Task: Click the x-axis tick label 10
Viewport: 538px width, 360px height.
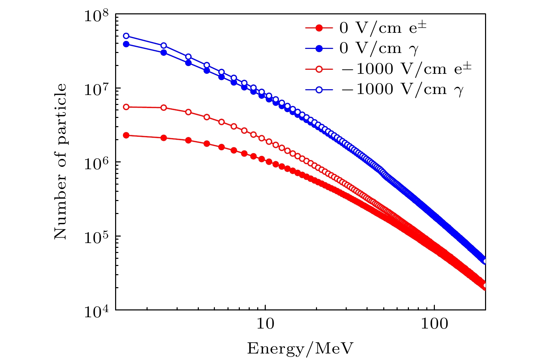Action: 265,323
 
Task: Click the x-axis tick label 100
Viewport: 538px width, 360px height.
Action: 434,323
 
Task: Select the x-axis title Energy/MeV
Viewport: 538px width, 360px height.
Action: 300,348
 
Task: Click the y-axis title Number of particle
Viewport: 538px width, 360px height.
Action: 61,162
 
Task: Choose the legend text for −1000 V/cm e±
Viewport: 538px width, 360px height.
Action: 405,69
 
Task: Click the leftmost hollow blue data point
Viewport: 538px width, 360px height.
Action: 126,36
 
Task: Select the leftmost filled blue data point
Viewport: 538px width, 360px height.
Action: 126,44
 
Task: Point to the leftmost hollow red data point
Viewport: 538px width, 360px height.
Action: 126,107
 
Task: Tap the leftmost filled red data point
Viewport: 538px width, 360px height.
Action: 126,135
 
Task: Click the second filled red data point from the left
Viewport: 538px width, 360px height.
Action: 164,138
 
